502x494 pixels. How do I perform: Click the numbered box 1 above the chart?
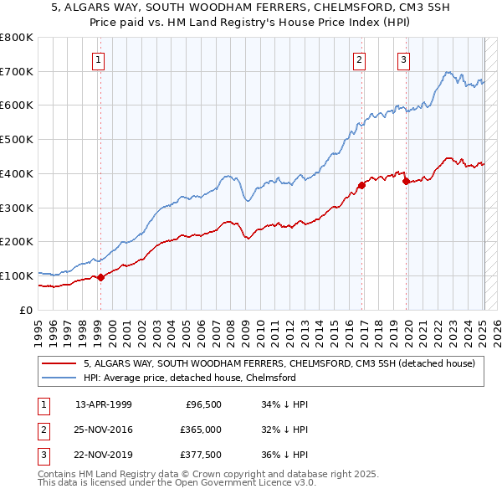click(99, 59)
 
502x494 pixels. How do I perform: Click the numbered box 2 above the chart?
click(359, 59)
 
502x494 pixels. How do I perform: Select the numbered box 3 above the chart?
click(403, 59)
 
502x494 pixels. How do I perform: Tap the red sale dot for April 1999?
click(100, 277)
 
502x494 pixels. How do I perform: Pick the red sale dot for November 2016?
click(361, 185)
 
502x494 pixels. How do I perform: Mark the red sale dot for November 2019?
click(406, 180)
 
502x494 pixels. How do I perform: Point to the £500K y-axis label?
click(17, 140)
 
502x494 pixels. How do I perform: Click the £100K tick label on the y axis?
click(17, 275)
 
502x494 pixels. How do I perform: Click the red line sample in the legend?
click(59, 363)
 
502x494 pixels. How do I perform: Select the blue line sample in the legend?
click(59, 378)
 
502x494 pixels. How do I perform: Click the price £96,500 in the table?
click(203, 404)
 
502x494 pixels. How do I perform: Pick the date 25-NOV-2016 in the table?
click(104, 430)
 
